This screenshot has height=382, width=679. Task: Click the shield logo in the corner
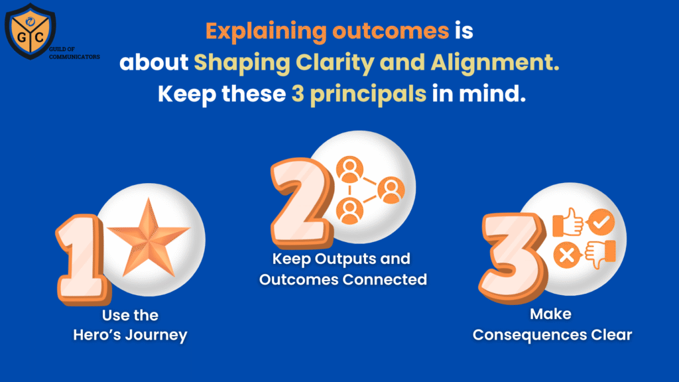point(30,31)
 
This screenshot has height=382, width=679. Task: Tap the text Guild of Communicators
point(74,53)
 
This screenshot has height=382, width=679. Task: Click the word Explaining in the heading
point(266,32)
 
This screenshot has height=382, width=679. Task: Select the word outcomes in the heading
point(391,31)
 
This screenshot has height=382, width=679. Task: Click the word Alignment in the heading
point(495,63)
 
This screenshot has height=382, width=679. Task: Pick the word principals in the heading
point(368,94)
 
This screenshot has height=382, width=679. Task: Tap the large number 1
point(82,259)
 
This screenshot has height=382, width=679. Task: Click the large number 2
point(302,203)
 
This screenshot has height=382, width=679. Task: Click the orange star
point(149,239)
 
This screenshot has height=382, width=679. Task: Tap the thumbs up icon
point(568,222)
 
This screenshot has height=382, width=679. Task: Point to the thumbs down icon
point(600,254)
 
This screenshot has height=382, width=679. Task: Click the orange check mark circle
point(601,222)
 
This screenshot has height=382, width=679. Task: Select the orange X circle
point(567,255)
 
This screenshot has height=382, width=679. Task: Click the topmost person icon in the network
point(350,170)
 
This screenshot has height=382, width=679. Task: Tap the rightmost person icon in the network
point(391,190)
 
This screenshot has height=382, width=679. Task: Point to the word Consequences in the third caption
point(530,335)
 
